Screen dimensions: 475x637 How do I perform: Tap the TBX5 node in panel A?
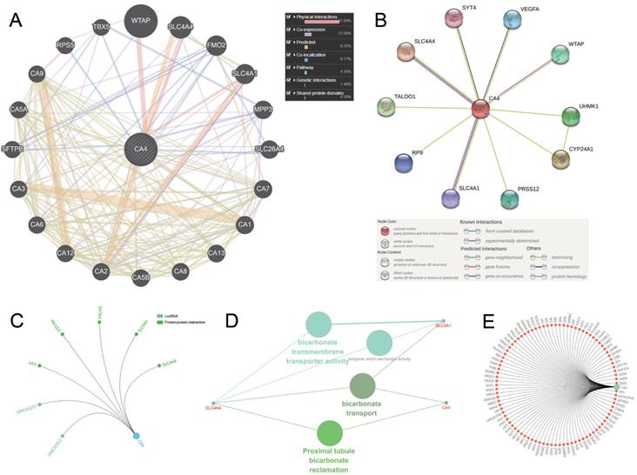coord(101,27)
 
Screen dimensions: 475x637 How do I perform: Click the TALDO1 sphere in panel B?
coord(388,108)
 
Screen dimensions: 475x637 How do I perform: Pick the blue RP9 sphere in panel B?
coord(403,163)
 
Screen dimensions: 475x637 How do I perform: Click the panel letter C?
coord(16,319)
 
